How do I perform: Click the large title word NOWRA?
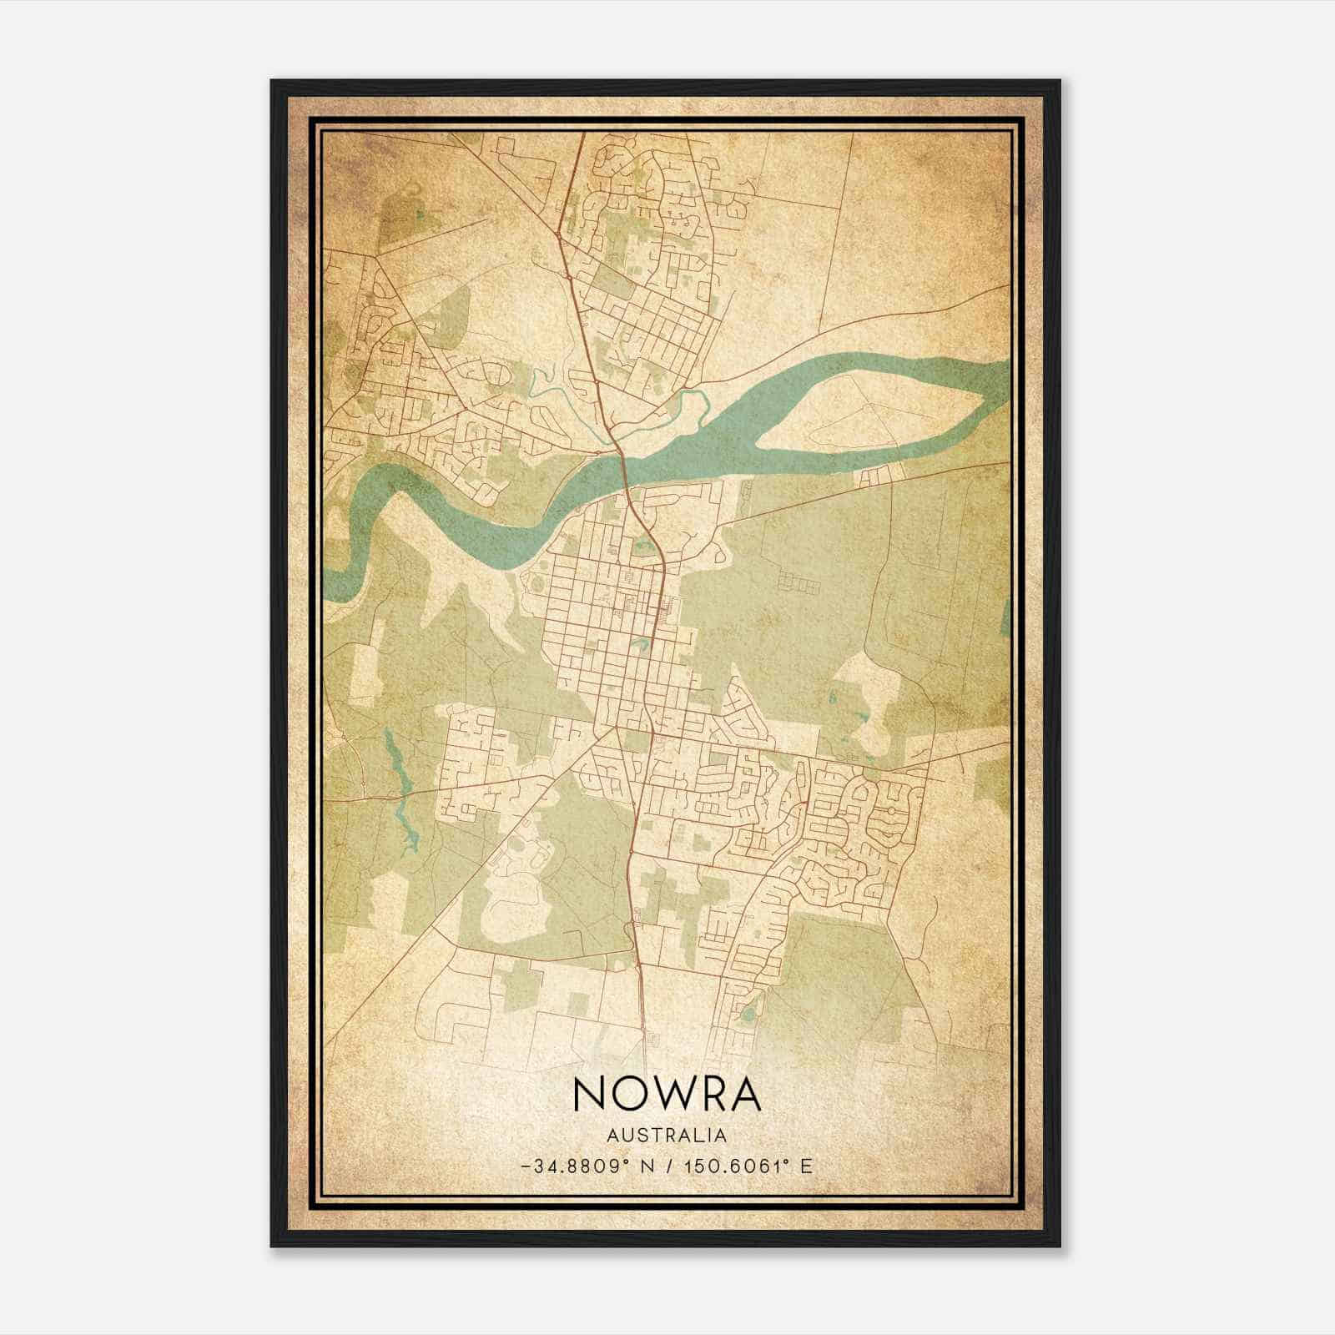pos(667,1095)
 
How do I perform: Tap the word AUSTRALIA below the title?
pos(667,1136)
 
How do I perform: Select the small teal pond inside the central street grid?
pos(640,644)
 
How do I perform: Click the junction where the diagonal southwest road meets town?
pos(615,727)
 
